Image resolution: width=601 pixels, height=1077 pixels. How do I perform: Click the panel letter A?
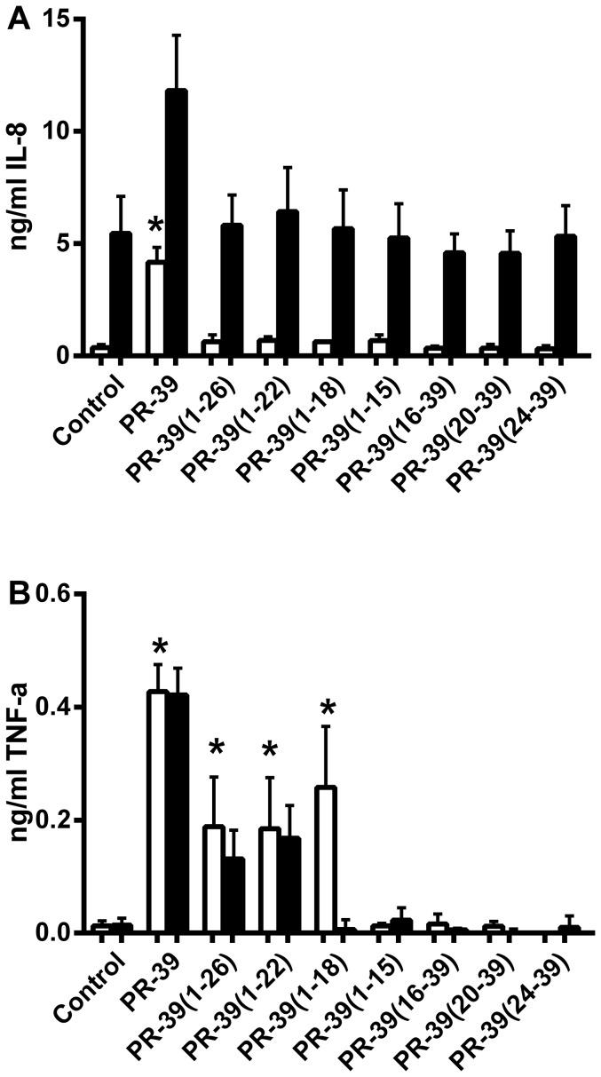pos(18,18)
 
